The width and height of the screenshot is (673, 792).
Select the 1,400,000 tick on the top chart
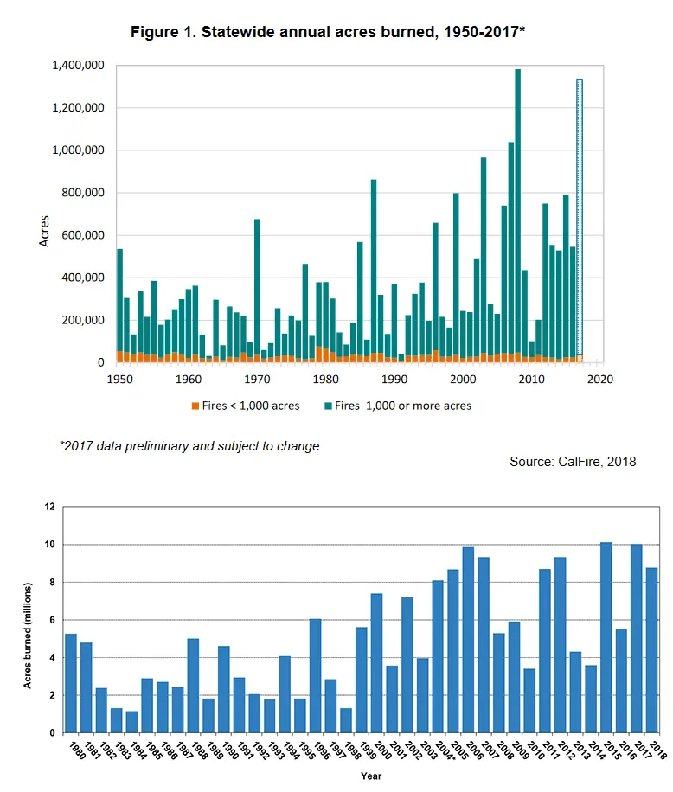pos(80,66)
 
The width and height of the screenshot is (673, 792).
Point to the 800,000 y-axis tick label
pos(86,193)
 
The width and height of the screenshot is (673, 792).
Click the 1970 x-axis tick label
pos(257,379)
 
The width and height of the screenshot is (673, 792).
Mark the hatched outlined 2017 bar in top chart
pos(580,220)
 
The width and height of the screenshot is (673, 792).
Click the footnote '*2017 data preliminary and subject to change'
pos(189,446)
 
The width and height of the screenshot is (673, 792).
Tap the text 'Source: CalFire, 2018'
pos(573,462)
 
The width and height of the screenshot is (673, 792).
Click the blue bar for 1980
pos(71,683)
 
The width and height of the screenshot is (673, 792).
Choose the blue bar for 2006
pos(468,640)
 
